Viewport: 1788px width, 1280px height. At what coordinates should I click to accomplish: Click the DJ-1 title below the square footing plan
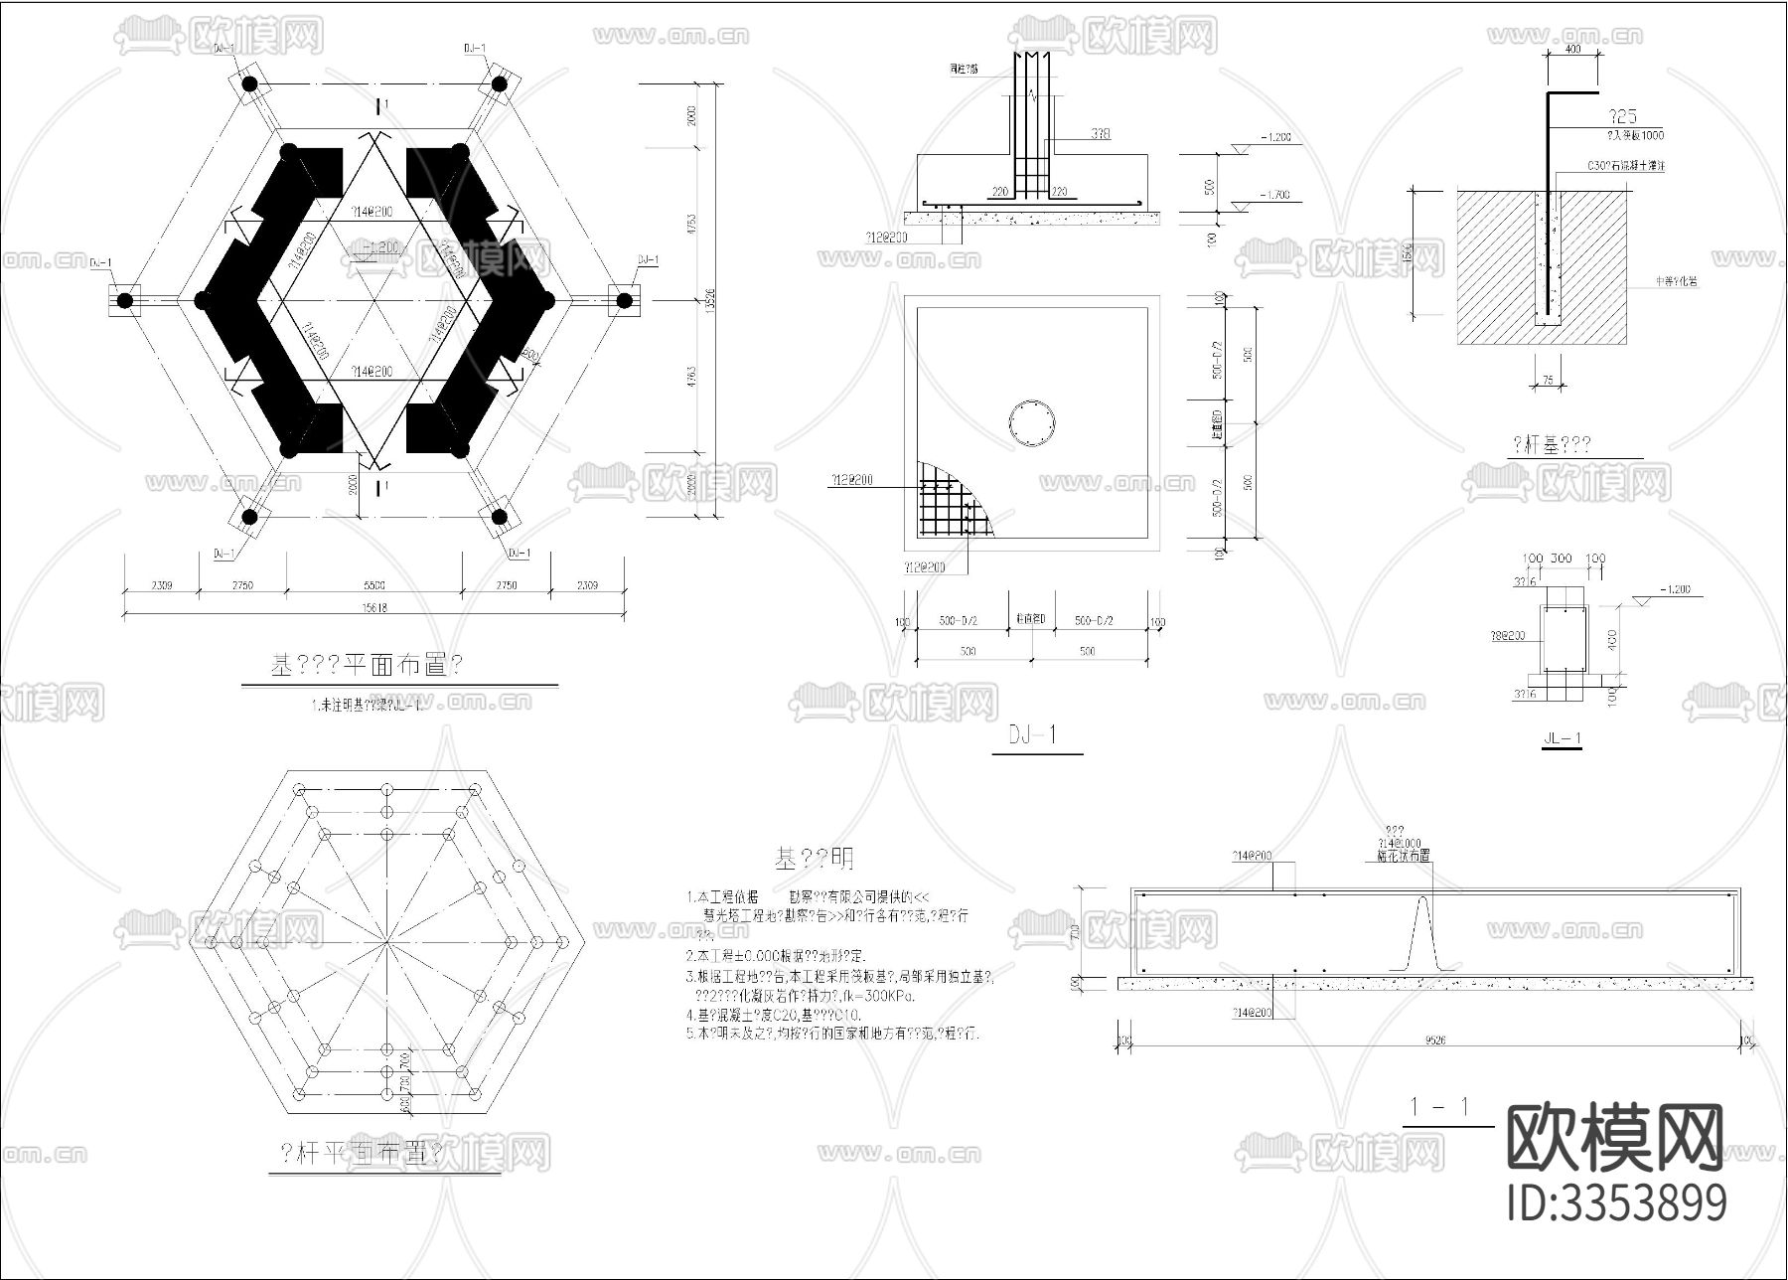coord(1034,735)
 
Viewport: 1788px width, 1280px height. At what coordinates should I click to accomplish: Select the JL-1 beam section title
coord(1562,738)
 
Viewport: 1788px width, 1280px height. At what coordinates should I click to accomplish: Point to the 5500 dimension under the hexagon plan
coord(373,585)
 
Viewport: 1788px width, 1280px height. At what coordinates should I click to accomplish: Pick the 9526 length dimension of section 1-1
coord(1434,1040)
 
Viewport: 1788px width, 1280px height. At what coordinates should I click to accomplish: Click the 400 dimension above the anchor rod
coord(1572,49)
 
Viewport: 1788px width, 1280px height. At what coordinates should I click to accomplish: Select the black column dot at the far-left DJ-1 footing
coord(124,300)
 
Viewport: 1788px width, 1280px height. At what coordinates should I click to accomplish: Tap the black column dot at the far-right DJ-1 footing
coord(624,300)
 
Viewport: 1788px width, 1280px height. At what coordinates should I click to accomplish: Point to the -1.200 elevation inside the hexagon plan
coord(379,246)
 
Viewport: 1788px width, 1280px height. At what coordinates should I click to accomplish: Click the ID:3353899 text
coord(1617,1203)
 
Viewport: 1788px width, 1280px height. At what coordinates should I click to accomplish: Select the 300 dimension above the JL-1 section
coord(1562,559)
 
